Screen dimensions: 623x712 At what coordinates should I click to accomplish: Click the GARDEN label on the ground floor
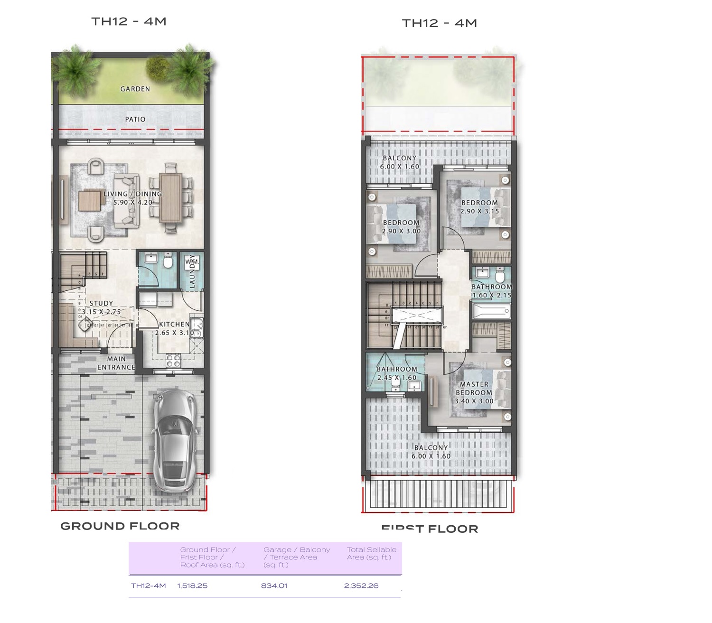[135, 89]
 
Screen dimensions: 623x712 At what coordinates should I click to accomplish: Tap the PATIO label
[135, 119]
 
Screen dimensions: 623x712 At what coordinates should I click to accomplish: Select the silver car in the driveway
[175, 441]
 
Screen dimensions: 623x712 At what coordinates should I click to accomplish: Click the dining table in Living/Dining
[170, 198]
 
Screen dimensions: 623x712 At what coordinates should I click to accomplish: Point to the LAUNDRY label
[192, 271]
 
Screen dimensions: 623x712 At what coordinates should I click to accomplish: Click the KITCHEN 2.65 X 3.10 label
[174, 328]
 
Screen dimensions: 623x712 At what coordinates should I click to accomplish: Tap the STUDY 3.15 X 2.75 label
[101, 307]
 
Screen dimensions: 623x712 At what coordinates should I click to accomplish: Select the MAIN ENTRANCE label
[116, 363]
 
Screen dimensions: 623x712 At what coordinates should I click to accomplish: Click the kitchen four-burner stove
[174, 361]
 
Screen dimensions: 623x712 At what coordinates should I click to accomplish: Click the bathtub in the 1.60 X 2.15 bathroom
[491, 311]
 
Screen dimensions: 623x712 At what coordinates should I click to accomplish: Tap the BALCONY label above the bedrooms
[399, 162]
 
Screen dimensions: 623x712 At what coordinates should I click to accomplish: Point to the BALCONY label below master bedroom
[431, 452]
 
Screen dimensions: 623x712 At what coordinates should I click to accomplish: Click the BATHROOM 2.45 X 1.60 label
[397, 373]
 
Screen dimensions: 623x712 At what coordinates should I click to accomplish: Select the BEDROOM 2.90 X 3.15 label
[479, 207]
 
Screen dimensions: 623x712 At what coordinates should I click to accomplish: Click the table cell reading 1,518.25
[192, 586]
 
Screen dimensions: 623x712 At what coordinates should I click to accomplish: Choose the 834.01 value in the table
[274, 586]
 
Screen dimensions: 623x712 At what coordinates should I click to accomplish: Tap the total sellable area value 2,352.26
[361, 586]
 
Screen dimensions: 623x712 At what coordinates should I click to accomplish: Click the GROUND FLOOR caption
[120, 526]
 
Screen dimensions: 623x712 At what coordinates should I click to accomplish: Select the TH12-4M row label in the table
[148, 586]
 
